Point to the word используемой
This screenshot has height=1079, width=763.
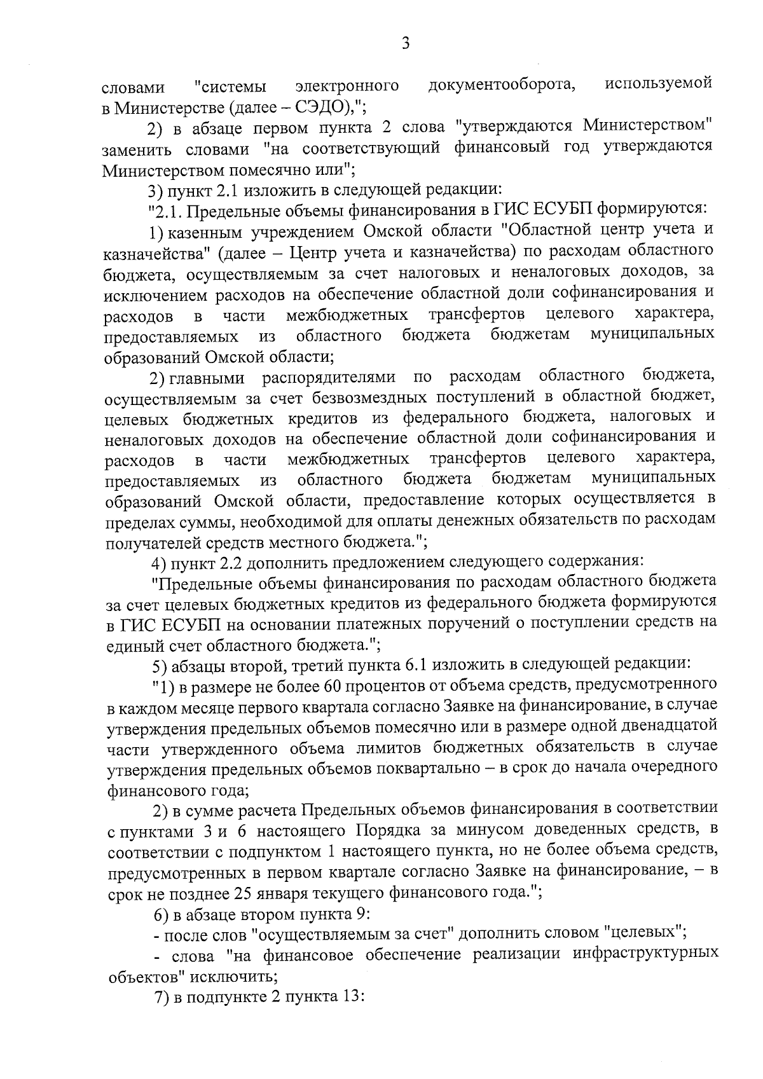point(659,85)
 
